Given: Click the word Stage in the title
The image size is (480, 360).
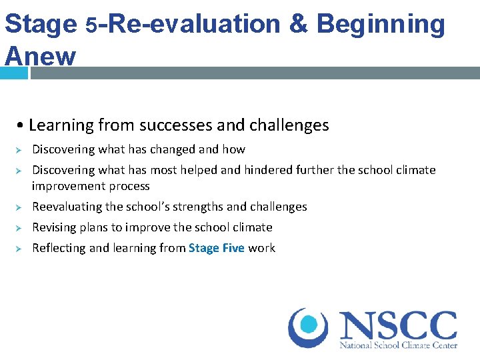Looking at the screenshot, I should (x=41, y=25).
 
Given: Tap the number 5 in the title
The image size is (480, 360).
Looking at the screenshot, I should (x=93, y=26).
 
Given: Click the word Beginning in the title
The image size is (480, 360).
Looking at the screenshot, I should (x=380, y=25).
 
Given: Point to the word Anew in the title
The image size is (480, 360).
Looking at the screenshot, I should (x=41, y=55).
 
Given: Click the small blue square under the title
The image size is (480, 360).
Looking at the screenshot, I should (x=14, y=73).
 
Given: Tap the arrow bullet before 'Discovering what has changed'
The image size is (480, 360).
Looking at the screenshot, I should (x=19, y=150).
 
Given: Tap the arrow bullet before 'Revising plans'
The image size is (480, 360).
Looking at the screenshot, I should (x=19, y=228).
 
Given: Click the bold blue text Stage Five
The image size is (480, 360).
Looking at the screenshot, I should (x=217, y=248).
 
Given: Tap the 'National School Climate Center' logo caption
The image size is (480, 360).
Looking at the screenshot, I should (x=398, y=345).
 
